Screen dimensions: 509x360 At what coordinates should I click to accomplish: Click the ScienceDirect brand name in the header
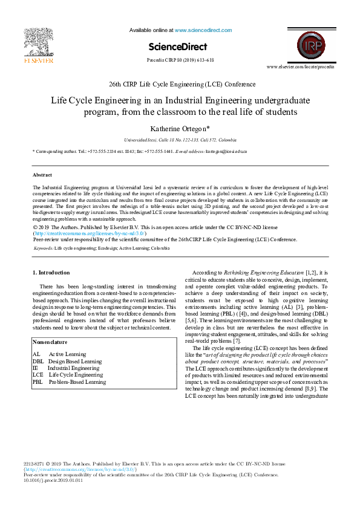click(x=177, y=47)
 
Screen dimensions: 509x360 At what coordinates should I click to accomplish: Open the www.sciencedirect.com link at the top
click(x=203, y=30)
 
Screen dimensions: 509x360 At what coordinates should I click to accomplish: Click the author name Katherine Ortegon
click(x=180, y=128)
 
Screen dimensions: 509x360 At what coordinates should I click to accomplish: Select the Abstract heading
click(x=42, y=174)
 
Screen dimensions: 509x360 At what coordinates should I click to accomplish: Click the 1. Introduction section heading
click(x=51, y=273)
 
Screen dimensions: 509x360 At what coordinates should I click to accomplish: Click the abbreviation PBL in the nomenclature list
click(x=38, y=382)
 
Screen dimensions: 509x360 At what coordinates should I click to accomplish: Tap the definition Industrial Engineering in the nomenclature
click(x=73, y=368)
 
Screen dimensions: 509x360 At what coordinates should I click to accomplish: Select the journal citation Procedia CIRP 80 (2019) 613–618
click(x=180, y=60)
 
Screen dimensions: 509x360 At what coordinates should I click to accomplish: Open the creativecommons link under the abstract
click(x=90, y=233)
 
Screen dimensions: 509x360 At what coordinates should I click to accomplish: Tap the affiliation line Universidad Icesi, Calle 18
click(x=180, y=138)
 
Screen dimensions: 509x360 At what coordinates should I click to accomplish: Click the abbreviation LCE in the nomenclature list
click(x=38, y=375)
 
